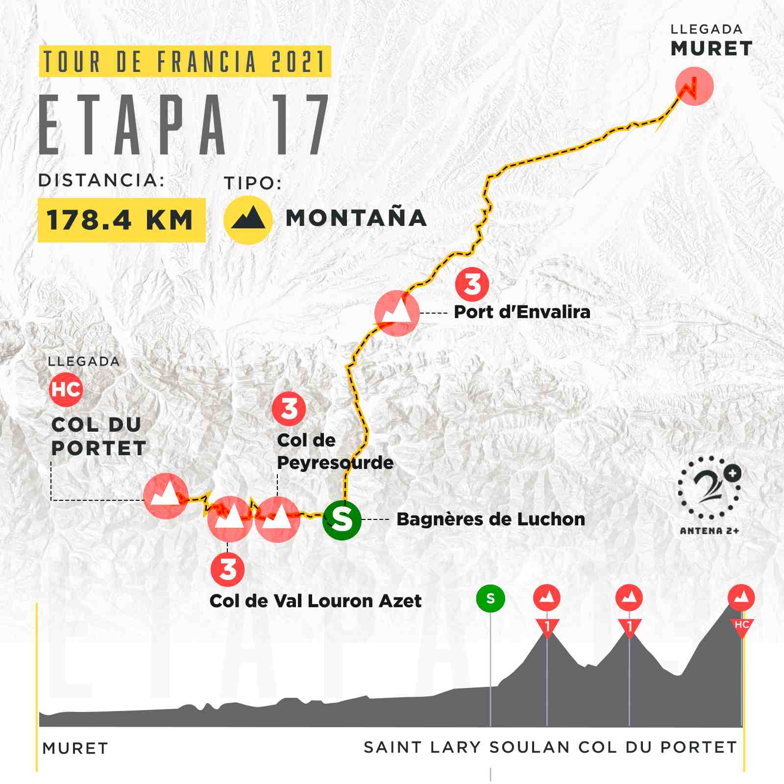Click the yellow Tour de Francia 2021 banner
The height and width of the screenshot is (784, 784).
click(x=185, y=61)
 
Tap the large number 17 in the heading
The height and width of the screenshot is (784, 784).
click(x=300, y=125)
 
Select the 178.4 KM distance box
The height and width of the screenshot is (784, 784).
click(x=121, y=220)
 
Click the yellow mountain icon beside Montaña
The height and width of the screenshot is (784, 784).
click(x=248, y=220)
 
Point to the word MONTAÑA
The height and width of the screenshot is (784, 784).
click(x=356, y=219)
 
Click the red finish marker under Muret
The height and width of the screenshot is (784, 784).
click(x=694, y=87)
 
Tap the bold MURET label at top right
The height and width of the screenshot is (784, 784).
click(x=711, y=49)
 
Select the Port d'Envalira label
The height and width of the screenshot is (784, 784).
click(x=522, y=312)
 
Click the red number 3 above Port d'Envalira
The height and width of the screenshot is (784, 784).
click(x=472, y=284)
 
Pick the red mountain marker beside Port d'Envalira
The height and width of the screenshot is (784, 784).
click(x=396, y=313)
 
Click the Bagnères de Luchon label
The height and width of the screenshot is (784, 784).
click(x=490, y=519)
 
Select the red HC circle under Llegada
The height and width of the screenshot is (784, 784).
click(x=66, y=390)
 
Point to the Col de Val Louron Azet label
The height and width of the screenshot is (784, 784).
click(x=315, y=601)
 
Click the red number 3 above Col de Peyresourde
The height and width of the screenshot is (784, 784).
click(x=289, y=409)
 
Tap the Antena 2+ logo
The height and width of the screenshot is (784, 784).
click(x=709, y=495)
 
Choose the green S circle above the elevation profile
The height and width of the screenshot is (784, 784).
click(x=490, y=598)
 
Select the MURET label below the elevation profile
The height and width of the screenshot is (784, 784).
click(x=75, y=748)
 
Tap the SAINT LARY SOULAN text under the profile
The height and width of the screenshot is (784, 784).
click(x=466, y=747)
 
